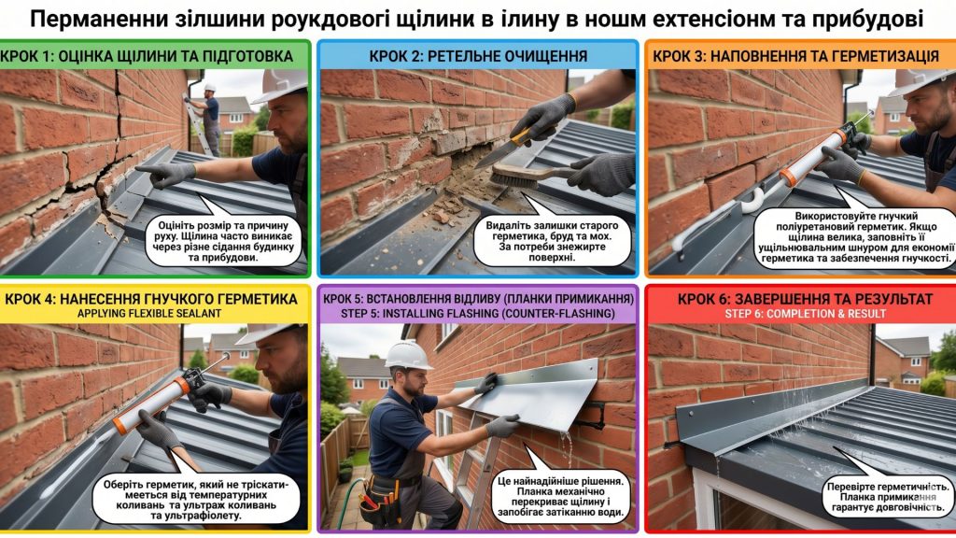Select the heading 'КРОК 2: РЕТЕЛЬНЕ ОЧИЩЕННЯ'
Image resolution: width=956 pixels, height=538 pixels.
[x=478, y=56]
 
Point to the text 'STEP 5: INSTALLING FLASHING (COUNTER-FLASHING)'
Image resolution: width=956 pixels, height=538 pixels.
[x=478, y=314]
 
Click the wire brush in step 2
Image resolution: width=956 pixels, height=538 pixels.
[x=523, y=176]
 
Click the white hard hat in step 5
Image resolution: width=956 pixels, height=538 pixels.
[x=408, y=355]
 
